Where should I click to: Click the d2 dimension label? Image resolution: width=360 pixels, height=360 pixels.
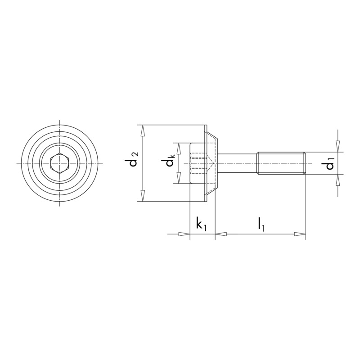(132, 159)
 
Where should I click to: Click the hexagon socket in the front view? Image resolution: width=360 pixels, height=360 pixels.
(59, 163)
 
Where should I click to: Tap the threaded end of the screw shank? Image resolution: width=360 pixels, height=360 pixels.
(281, 163)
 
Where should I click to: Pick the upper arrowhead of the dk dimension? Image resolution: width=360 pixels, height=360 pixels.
(179, 148)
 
